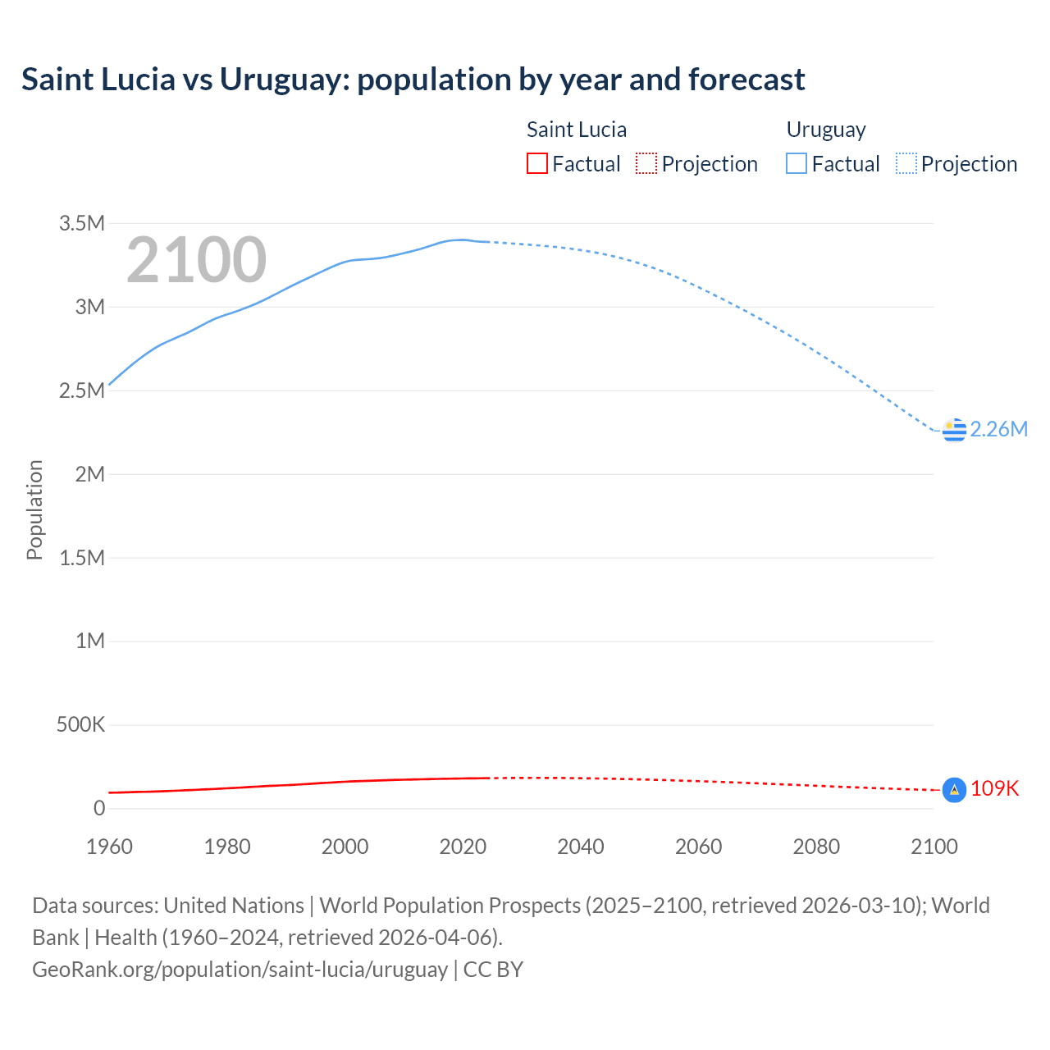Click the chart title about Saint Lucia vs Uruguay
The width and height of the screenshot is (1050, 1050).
pos(413,80)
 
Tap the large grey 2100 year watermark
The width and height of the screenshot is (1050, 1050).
pos(196,260)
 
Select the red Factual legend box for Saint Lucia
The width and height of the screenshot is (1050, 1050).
pos(536,163)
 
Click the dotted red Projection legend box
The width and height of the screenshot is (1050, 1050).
pos(646,163)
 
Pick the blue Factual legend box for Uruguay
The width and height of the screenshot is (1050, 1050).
pos(796,163)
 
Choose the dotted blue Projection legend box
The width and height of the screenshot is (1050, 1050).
pos(906,163)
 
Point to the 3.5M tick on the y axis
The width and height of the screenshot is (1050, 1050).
pos(82,223)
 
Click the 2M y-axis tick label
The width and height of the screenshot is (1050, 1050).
pos(89,474)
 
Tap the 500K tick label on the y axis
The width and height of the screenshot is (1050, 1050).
pos(80,725)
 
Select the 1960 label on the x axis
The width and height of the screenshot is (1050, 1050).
pos(109,847)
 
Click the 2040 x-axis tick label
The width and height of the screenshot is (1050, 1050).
pos(581,847)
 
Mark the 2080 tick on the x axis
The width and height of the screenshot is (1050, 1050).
pos(816,847)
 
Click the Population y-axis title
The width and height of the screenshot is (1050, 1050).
pos(34,509)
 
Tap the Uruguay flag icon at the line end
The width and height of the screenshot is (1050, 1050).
pos(954,430)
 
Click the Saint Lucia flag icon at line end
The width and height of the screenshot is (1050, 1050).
pos(954,789)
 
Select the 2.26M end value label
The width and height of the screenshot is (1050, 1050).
pos(998,429)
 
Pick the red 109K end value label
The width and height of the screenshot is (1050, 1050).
pos(994,788)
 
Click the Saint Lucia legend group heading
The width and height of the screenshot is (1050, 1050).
pos(576,130)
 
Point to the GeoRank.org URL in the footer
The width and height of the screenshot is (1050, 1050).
pos(240,969)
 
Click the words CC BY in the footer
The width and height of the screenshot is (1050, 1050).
pos(493,969)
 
